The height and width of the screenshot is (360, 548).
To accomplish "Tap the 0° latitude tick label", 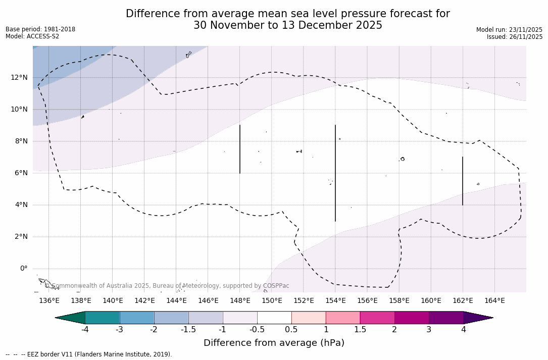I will (23, 269).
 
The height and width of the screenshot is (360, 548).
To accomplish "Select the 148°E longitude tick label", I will (240, 301).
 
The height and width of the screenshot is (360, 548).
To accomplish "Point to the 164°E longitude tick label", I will (494, 301).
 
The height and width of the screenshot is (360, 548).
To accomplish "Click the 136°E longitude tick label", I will (49, 301).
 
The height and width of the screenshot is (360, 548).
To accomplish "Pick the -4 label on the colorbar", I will (85, 330).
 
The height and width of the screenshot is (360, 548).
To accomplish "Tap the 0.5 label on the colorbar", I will (291, 330).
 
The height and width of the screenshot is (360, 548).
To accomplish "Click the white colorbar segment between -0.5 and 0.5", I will (274, 318).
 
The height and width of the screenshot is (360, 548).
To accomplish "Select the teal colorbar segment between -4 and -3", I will (103, 318).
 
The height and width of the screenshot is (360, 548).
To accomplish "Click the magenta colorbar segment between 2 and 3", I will (412, 318).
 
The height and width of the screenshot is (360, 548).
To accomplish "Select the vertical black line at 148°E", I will (240, 149).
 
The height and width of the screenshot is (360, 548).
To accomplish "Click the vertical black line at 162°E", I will (463, 181).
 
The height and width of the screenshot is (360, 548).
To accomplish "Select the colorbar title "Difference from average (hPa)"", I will (274, 343).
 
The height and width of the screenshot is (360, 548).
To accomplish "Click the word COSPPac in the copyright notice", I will (276, 286).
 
